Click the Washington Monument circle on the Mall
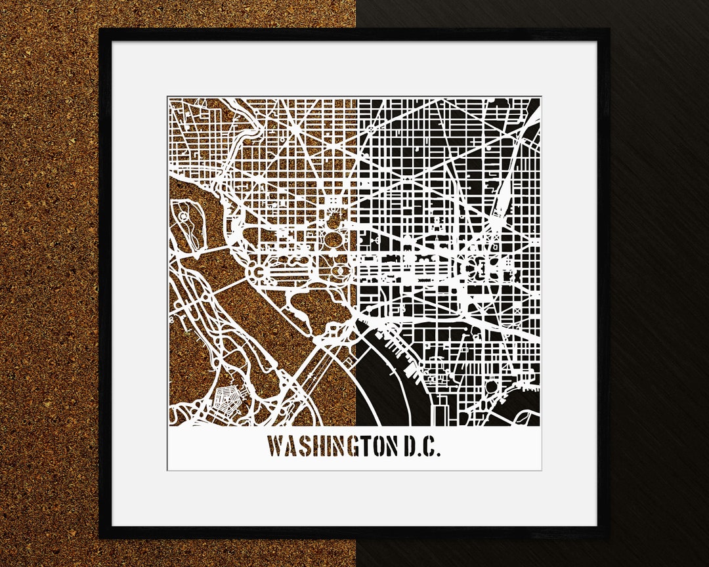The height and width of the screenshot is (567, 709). (x=339, y=271)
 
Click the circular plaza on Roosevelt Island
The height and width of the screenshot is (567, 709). (x=183, y=216)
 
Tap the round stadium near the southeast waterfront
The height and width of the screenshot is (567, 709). (x=491, y=387)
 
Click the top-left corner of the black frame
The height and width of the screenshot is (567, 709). (x=100, y=30)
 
